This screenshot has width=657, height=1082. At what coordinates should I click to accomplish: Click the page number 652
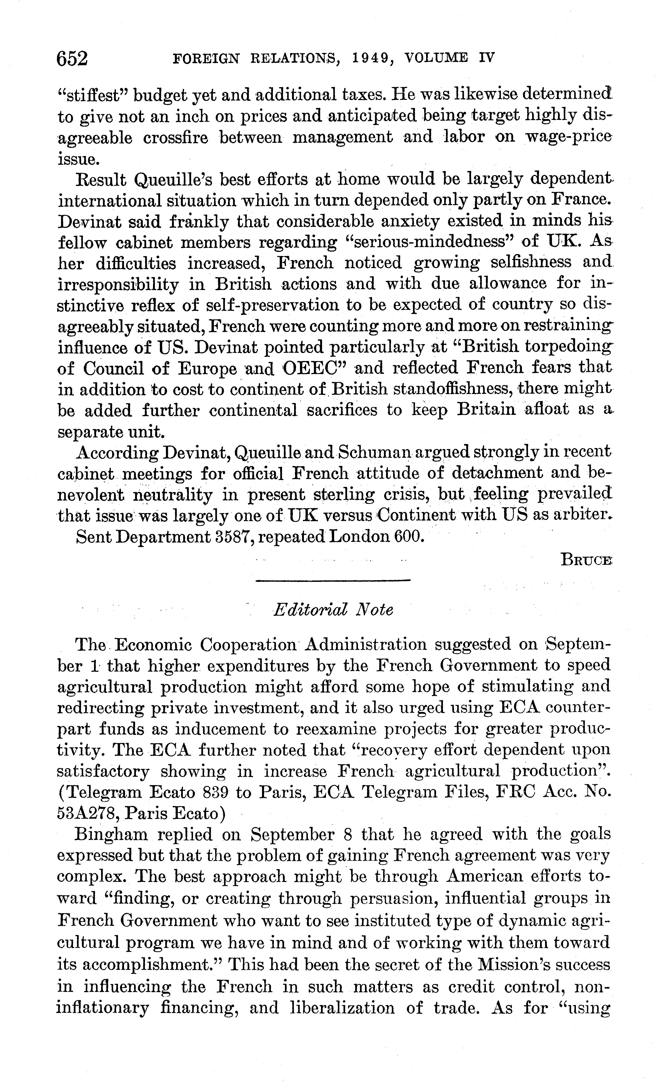[x=73, y=58]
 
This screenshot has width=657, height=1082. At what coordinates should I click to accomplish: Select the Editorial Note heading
[x=333, y=610]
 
